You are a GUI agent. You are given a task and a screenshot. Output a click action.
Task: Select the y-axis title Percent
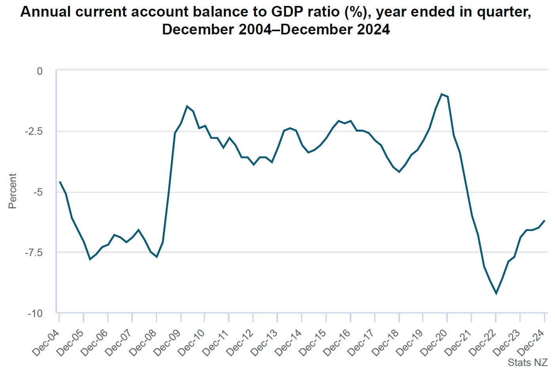[13, 191]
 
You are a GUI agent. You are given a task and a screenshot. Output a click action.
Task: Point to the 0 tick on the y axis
[40, 71]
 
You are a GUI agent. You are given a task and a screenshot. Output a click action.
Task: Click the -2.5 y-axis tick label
[34, 131]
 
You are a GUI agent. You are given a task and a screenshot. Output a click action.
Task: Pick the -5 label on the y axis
[38, 192]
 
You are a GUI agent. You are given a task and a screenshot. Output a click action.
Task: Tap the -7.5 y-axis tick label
[34, 253]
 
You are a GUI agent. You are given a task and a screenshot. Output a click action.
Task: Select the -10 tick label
[35, 313]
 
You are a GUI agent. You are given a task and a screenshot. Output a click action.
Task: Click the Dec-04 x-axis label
[46, 342]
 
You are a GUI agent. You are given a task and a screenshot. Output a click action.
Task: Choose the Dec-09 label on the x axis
[167, 342]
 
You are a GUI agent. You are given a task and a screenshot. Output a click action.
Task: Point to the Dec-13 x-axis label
[264, 342]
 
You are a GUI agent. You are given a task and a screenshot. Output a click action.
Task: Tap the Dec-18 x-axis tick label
[386, 342]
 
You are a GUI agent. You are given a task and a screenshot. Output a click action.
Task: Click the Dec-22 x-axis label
[483, 342]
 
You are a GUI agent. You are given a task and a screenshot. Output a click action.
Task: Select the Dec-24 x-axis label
[531, 342]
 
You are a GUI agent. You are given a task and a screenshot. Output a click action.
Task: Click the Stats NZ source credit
[527, 362]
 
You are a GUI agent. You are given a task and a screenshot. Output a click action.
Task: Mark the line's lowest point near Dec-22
[496, 293]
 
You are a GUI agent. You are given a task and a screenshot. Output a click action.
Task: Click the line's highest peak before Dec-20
[441, 94]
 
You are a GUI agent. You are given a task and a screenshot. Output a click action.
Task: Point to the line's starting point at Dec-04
[60, 182]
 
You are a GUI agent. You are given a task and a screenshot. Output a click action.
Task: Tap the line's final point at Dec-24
[545, 221]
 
